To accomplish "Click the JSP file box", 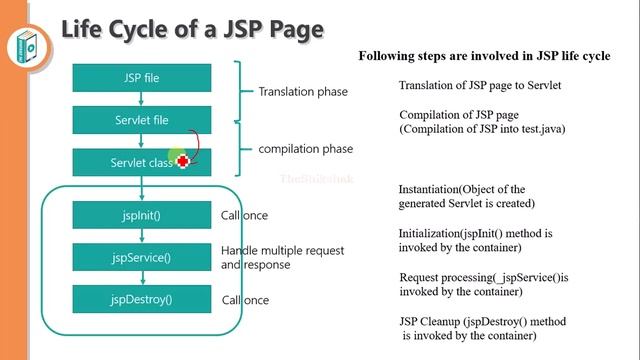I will point(141,77).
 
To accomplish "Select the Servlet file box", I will point(141,120).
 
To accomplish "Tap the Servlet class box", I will point(141,162).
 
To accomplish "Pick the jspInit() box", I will point(141,215).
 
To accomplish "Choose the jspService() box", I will point(141,257).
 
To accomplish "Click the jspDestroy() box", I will point(141,298).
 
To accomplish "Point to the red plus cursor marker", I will point(183,161).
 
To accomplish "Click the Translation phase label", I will point(303,92).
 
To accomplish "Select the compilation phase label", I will point(305,149).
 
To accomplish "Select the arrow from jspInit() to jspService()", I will point(141,236).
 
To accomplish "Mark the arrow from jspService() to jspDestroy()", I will point(141,278).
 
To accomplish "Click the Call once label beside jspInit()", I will point(244,215).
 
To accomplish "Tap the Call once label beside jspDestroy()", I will point(244,300).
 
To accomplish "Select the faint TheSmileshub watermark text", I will point(308,178).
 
